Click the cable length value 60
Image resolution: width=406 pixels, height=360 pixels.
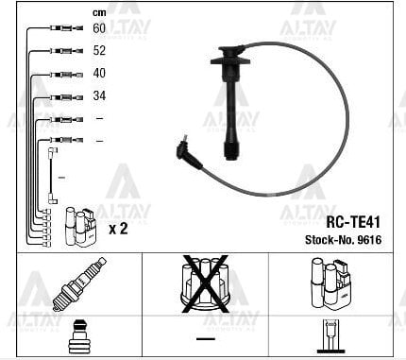point(99,29)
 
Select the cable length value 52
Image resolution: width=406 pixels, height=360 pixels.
point(99,51)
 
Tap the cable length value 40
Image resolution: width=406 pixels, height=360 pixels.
point(99,74)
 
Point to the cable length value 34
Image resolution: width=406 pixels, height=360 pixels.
point(99,96)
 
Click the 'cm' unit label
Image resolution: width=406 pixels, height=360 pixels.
point(98,12)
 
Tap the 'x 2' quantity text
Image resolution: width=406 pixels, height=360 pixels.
point(119,229)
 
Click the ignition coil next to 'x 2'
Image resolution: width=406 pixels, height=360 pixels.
point(79,227)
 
